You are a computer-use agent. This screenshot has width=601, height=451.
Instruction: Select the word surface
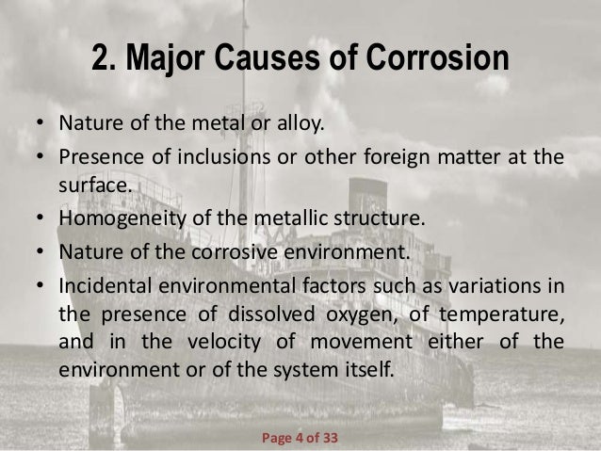pyautogui.click(x=93, y=184)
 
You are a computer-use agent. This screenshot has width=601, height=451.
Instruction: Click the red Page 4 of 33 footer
pyautogui.click(x=300, y=411)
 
